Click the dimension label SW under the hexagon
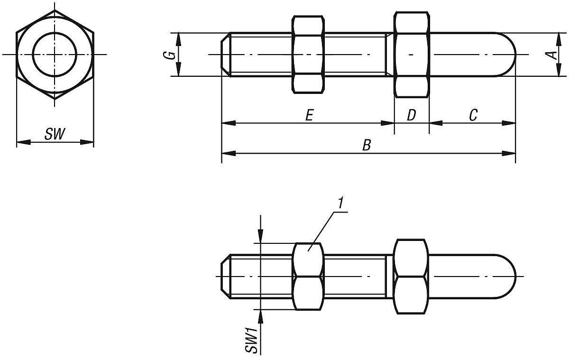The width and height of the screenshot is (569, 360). coord(55,135)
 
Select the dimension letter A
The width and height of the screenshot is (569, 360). coord(551,55)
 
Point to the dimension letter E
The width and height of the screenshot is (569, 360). coord(309,115)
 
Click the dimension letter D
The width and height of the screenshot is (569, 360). coord(411,115)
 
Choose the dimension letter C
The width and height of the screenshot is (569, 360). coord(473,115)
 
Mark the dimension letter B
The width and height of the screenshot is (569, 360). coord(366,145)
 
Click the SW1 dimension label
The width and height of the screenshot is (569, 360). coord(252,339)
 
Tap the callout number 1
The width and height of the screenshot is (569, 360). coord(340,203)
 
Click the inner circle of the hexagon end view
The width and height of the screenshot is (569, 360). coord(55,54)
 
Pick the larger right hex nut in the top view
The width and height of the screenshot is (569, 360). coord(412,55)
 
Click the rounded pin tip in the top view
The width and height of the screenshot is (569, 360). coord(507,55)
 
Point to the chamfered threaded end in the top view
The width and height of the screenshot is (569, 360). coord(226,55)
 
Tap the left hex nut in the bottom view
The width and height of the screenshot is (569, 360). coord(309,276)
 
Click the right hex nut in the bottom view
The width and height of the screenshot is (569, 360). coord(411,276)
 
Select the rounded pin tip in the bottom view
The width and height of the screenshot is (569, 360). coord(507,276)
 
